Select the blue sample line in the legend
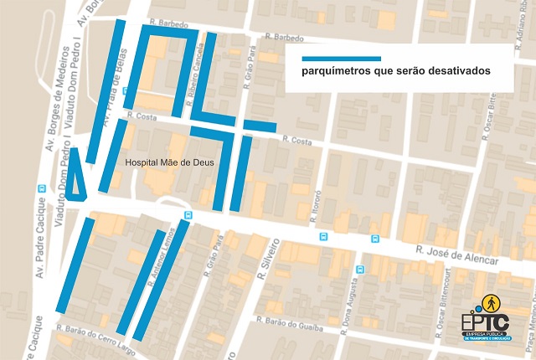coord(342,59)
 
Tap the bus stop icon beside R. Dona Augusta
coord(360,270)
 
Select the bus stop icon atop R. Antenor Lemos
coord(186,215)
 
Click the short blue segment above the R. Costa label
coord(260,127)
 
